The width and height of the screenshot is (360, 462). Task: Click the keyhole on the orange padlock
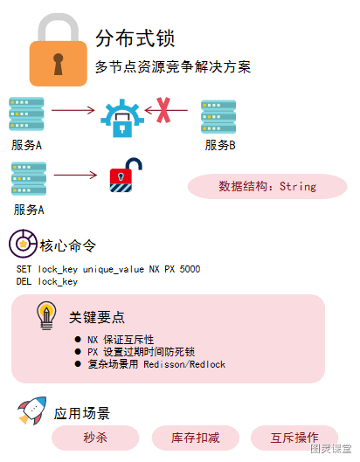[x=58, y=64]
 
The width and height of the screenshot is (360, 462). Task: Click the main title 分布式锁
[x=135, y=38]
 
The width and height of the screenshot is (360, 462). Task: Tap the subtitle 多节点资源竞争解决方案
[x=173, y=66]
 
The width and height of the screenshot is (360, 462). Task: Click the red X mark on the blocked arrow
[x=163, y=110]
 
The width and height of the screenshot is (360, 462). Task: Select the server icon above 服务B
[x=218, y=117]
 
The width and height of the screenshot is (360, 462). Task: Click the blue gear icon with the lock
[x=122, y=119]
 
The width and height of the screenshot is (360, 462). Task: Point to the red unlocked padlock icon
[x=126, y=175]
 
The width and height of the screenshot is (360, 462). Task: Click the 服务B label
[x=220, y=145]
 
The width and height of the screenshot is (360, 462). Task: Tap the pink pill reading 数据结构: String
[x=267, y=187]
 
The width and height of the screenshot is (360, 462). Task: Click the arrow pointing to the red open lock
[x=75, y=175]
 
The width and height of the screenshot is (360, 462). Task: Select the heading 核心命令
[x=68, y=245]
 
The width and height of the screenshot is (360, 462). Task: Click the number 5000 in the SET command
[x=190, y=269]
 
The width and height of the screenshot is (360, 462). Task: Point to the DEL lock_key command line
[x=47, y=282]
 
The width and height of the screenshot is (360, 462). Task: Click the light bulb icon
[x=46, y=316]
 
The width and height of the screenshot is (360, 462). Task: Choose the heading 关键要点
[x=97, y=317]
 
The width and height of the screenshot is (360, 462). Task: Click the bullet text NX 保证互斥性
[x=121, y=340]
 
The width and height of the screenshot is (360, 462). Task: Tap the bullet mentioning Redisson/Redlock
[x=156, y=364]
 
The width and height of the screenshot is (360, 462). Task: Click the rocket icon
[x=32, y=410]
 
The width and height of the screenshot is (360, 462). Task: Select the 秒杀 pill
[x=95, y=438]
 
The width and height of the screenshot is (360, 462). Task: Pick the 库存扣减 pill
[x=196, y=438]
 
